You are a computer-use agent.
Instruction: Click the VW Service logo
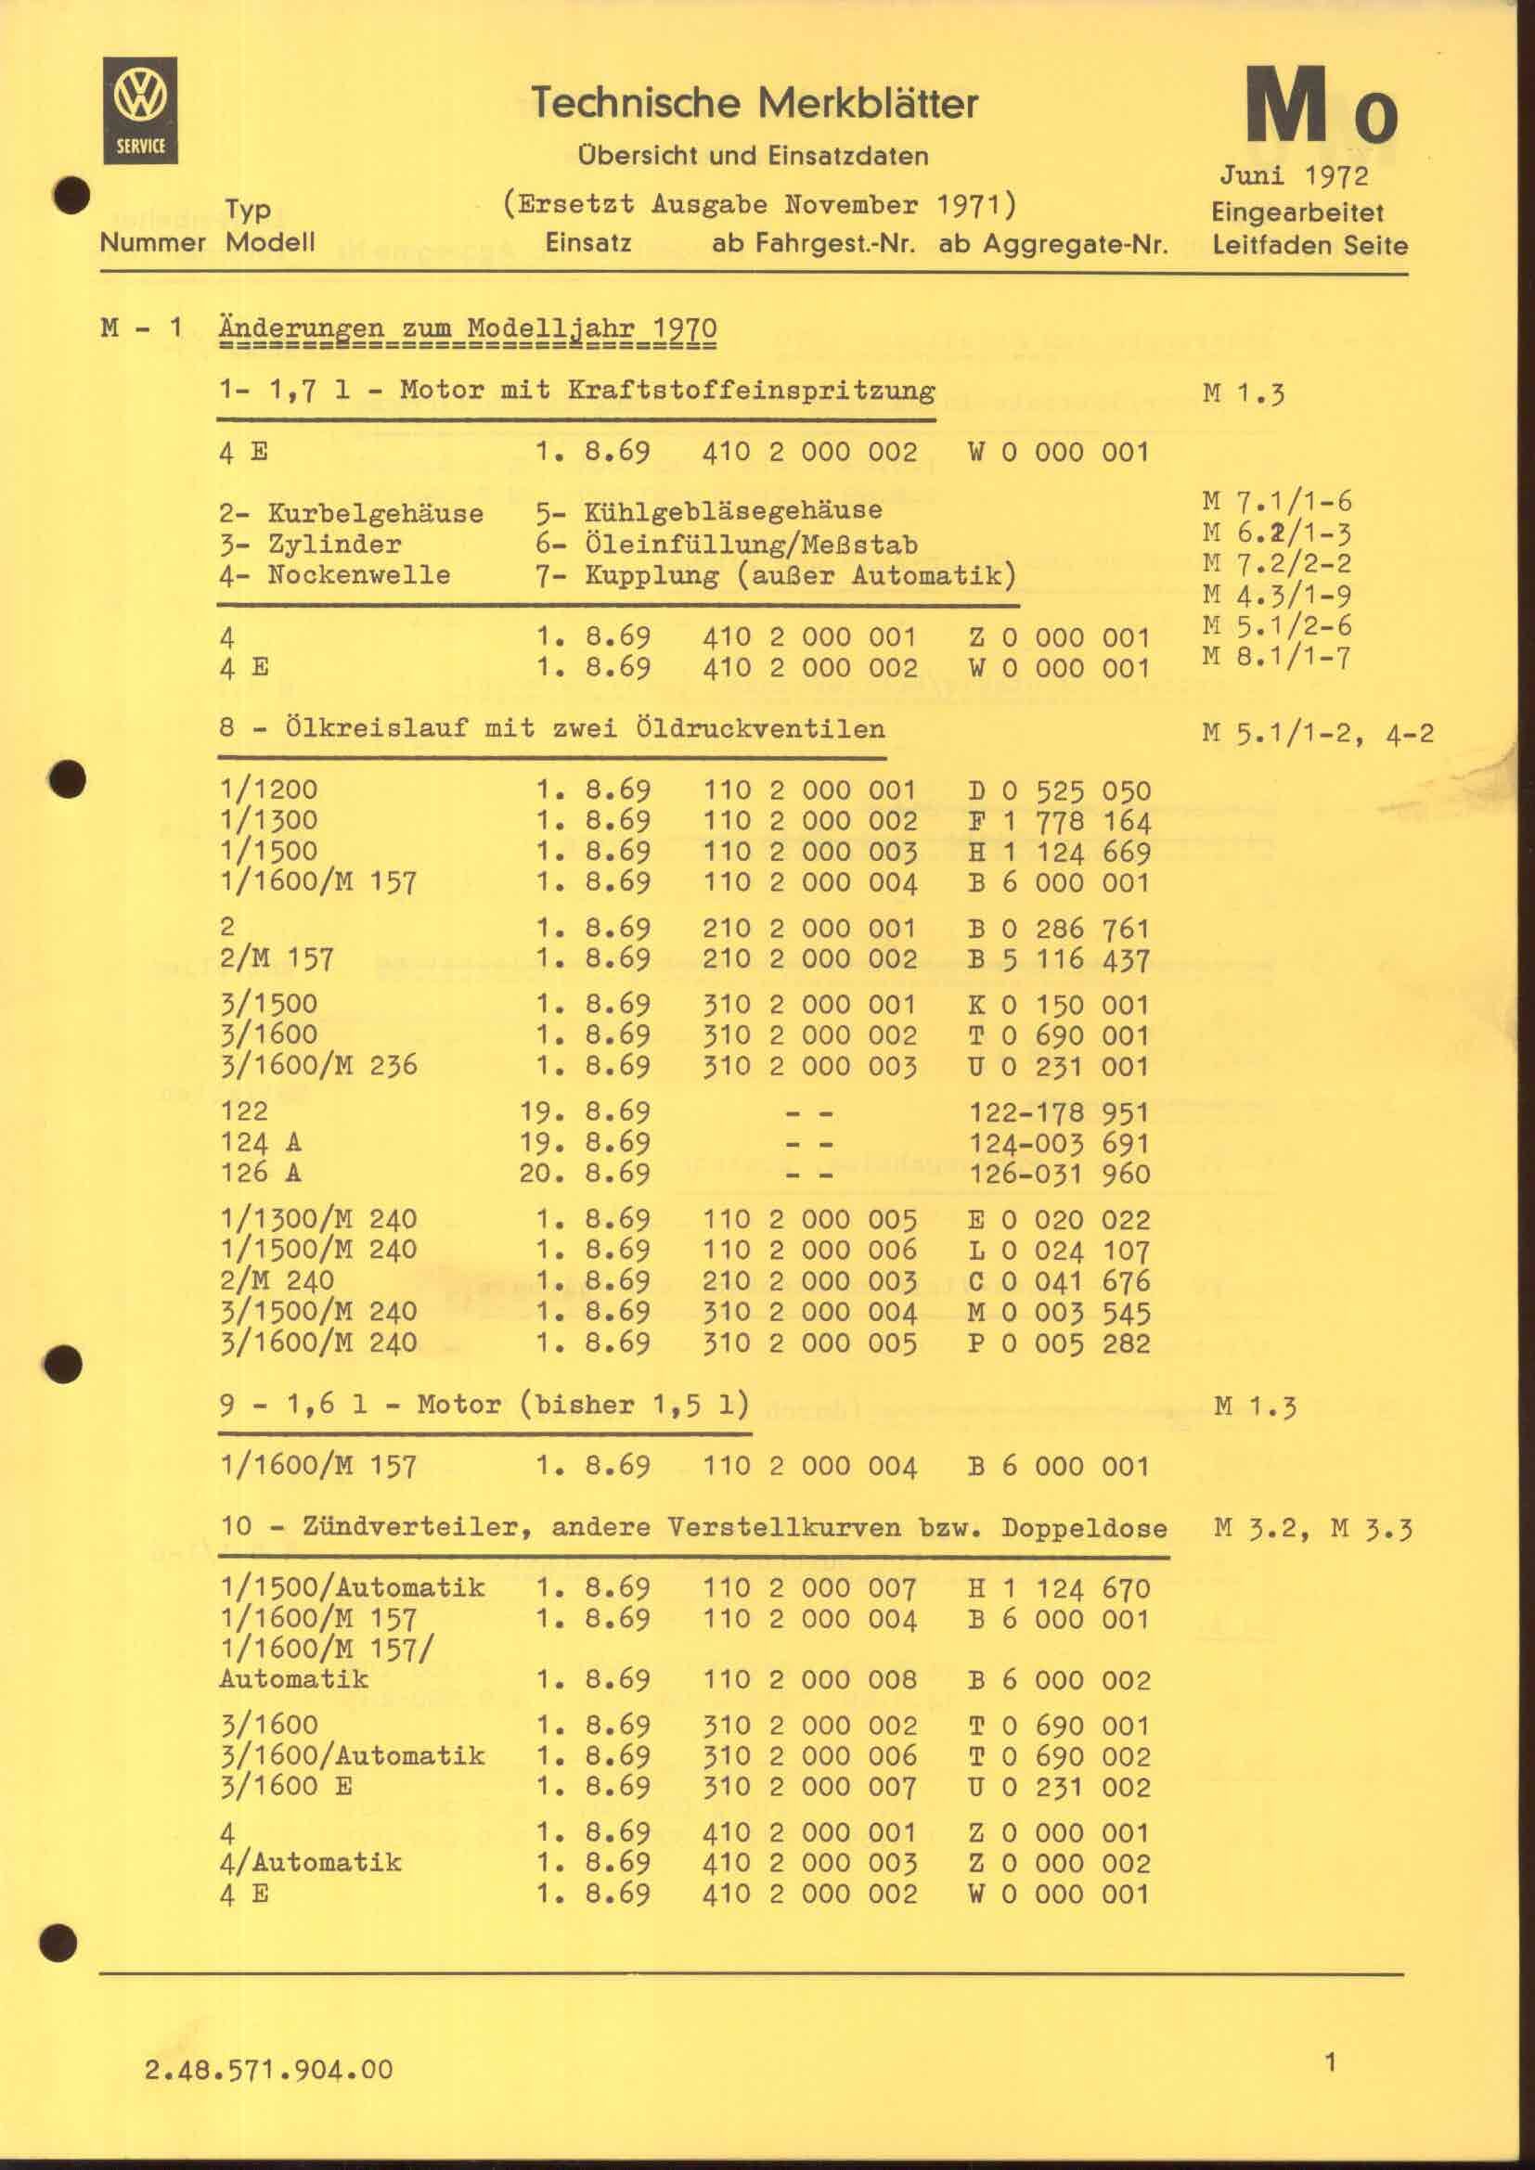141,109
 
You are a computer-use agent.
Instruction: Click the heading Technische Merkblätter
754,102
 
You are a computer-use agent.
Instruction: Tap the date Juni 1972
1293,174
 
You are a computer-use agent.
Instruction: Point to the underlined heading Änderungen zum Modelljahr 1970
467,329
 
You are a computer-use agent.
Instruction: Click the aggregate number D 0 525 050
1059,790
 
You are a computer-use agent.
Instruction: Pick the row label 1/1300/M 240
317,1219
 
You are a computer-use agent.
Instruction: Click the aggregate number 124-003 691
1059,1143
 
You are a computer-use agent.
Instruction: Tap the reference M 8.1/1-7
1276,655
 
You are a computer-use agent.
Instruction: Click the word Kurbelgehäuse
375,513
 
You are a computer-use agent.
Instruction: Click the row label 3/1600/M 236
317,1065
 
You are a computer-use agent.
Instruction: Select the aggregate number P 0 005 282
1059,1343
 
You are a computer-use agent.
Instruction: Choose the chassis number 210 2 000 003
809,1280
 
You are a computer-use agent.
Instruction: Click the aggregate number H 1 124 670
1059,1587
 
